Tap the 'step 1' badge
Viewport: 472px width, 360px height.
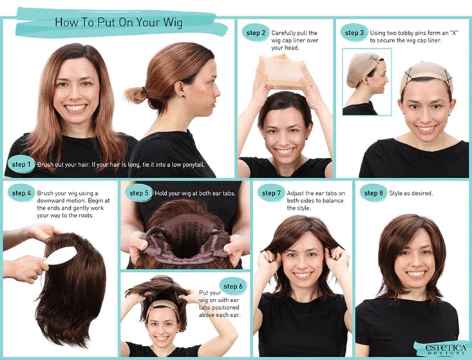pos(21,166)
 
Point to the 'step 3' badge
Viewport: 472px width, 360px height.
pos(354,33)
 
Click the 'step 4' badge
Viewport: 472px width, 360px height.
pos(21,193)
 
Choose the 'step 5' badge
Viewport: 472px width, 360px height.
pos(139,193)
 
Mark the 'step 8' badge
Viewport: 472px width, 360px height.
pos(373,193)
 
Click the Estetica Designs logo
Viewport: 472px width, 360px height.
pos(441,348)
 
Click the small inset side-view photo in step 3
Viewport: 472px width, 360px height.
pos(366,82)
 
